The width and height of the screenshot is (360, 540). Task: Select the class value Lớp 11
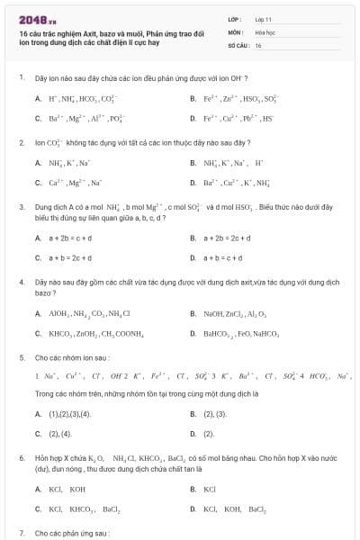tap(263, 18)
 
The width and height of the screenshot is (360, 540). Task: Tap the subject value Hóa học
tap(265, 31)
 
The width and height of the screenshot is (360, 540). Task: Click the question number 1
tap(21, 78)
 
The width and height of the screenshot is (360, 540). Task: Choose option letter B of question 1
tap(193, 97)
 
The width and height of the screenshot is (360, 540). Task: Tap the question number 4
tap(21, 282)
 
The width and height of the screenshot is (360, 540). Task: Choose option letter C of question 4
tap(38, 334)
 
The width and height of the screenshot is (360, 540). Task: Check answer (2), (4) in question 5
tap(59, 434)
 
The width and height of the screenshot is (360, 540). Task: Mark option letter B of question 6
tap(193, 489)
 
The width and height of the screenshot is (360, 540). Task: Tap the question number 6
tap(21, 457)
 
